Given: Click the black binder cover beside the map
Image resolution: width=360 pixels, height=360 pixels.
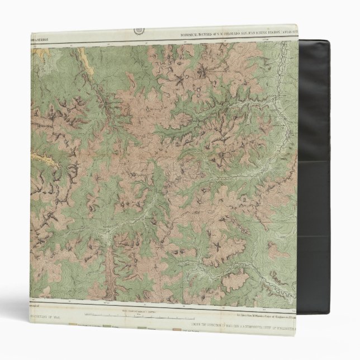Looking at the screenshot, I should pos(330,168).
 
